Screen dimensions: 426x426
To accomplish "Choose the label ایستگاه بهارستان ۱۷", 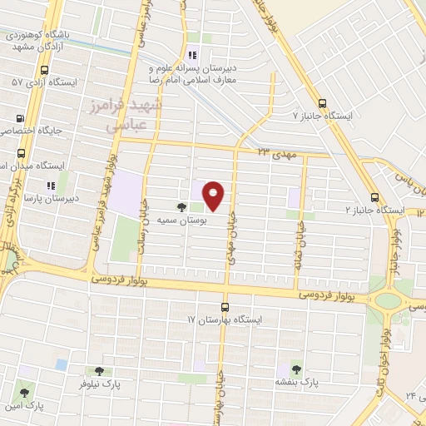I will point(225,319).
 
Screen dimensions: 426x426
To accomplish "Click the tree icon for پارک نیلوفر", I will point(100,372).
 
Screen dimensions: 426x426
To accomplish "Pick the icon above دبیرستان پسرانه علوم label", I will point(192,55).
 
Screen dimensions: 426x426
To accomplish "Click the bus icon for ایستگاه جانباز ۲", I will point(375,198).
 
